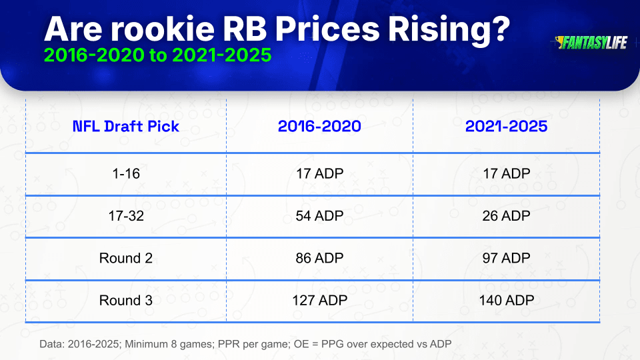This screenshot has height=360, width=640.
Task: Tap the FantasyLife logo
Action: (591, 43)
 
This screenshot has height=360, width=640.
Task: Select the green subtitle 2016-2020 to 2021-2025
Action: (157, 55)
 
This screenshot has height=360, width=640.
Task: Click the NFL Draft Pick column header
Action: (126, 127)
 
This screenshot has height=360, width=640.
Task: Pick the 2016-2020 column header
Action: (319, 126)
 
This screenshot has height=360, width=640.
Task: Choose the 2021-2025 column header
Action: (506, 126)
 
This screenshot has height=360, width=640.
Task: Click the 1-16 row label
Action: (126, 173)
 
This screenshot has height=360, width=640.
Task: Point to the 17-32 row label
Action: (126, 215)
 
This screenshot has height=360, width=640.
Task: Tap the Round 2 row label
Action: (126, 258)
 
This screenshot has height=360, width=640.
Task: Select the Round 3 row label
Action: (126, 301)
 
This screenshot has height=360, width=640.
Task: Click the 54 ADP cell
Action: (319, 215)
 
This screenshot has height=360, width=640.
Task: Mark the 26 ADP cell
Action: (506, 215)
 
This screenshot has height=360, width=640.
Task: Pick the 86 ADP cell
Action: (319, 258)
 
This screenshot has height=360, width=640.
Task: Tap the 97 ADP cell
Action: (506, 258)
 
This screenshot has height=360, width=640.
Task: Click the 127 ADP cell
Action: (319, 301)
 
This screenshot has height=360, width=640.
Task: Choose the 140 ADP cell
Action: (506, 301)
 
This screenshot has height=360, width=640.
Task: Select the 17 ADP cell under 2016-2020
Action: (319, 173)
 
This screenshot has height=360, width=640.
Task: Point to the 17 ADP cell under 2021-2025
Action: (506, 173)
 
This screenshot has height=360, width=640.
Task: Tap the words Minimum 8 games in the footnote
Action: (169, 344)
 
